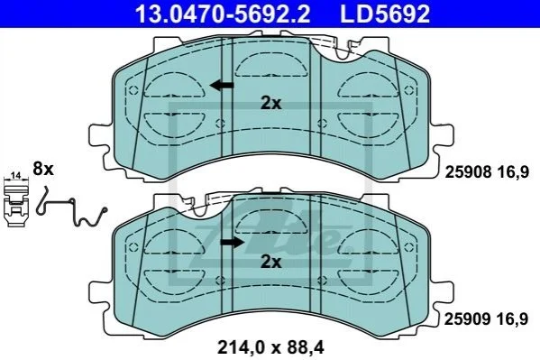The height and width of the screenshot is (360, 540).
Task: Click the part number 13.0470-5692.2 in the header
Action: tap(223, 14)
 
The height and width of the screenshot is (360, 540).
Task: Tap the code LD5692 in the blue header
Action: tap(385, 14)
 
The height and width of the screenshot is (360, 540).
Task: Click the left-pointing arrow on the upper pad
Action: tap(222, 85)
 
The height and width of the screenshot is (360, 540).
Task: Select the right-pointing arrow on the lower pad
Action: tap(232, 242)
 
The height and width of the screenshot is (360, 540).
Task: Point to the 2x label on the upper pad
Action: tap(271, 103)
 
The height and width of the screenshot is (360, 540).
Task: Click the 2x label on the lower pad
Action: tap(271, 262)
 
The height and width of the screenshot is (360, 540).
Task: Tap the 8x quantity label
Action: tap(43, 169)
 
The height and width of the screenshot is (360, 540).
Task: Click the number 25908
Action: tap(469, 171)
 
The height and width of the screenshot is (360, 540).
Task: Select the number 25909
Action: tap(467, 319)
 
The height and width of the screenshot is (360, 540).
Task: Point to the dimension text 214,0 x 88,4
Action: tap(270, 347)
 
